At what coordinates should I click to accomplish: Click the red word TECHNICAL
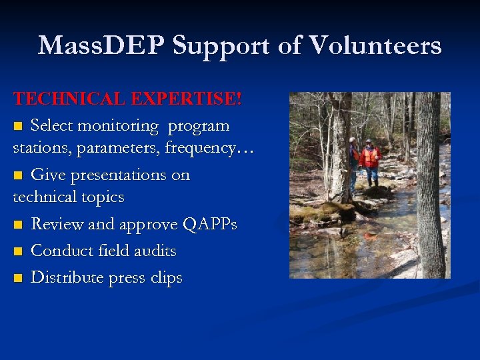70,99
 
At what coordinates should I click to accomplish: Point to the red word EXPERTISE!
187,99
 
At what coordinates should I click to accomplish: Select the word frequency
197,148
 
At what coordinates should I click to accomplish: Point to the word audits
154,251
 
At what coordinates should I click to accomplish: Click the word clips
164,278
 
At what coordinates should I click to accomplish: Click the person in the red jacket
369,160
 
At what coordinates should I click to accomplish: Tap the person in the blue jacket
353,160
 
